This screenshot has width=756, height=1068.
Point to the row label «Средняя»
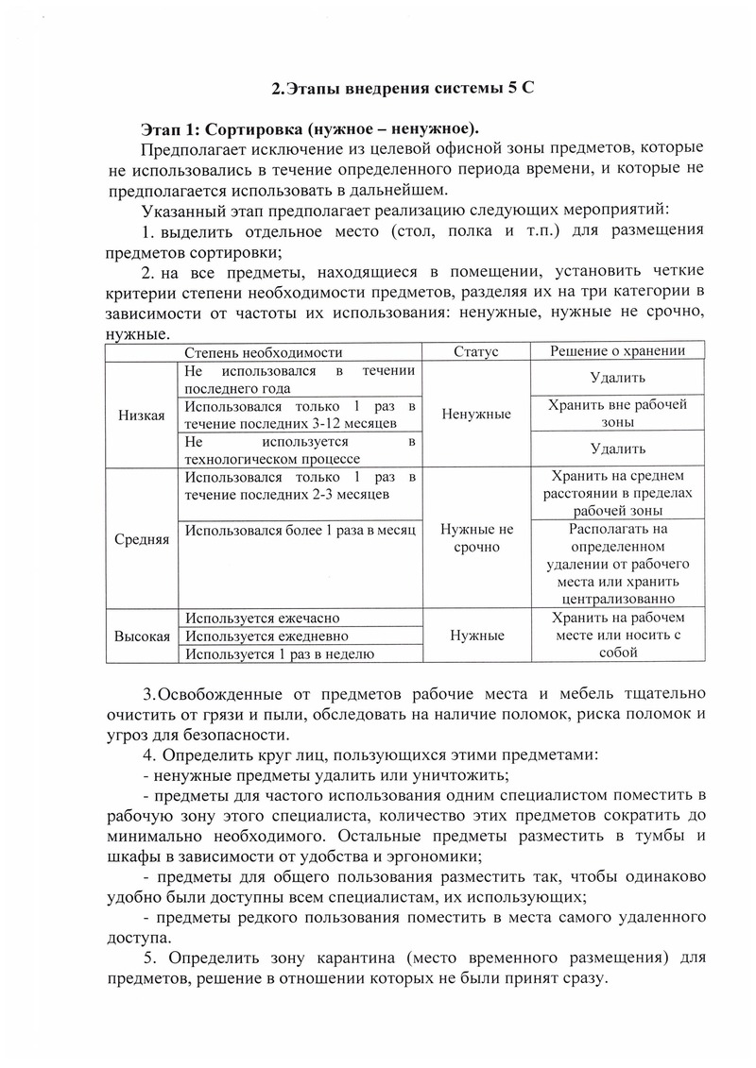coord(142,539)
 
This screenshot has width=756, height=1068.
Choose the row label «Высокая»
coord(142,636)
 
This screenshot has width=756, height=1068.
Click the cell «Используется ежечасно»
coord(263,618)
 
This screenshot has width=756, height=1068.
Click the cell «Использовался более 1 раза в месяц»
coord(301,531)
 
